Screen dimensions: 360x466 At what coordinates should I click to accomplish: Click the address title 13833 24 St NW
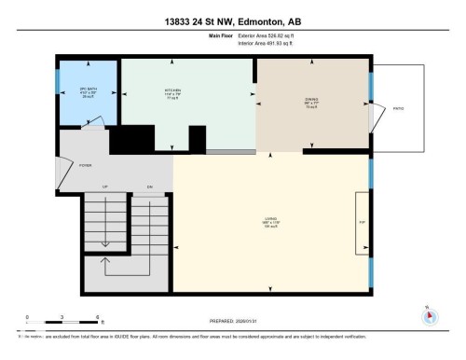click(x=233, y=20)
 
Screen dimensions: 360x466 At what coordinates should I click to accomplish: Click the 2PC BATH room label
click(x=89, y=90)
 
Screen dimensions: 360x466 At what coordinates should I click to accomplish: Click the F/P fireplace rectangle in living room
click(x=361, y=223)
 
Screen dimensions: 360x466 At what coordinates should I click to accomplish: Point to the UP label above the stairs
click(x=105, y=188)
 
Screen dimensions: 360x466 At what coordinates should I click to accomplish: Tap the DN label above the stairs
click(x=148, y=188)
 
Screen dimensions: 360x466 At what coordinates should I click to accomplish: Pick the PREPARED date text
click(x=233, y=315)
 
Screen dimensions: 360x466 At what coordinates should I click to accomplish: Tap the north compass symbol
click(x=429, y=314)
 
